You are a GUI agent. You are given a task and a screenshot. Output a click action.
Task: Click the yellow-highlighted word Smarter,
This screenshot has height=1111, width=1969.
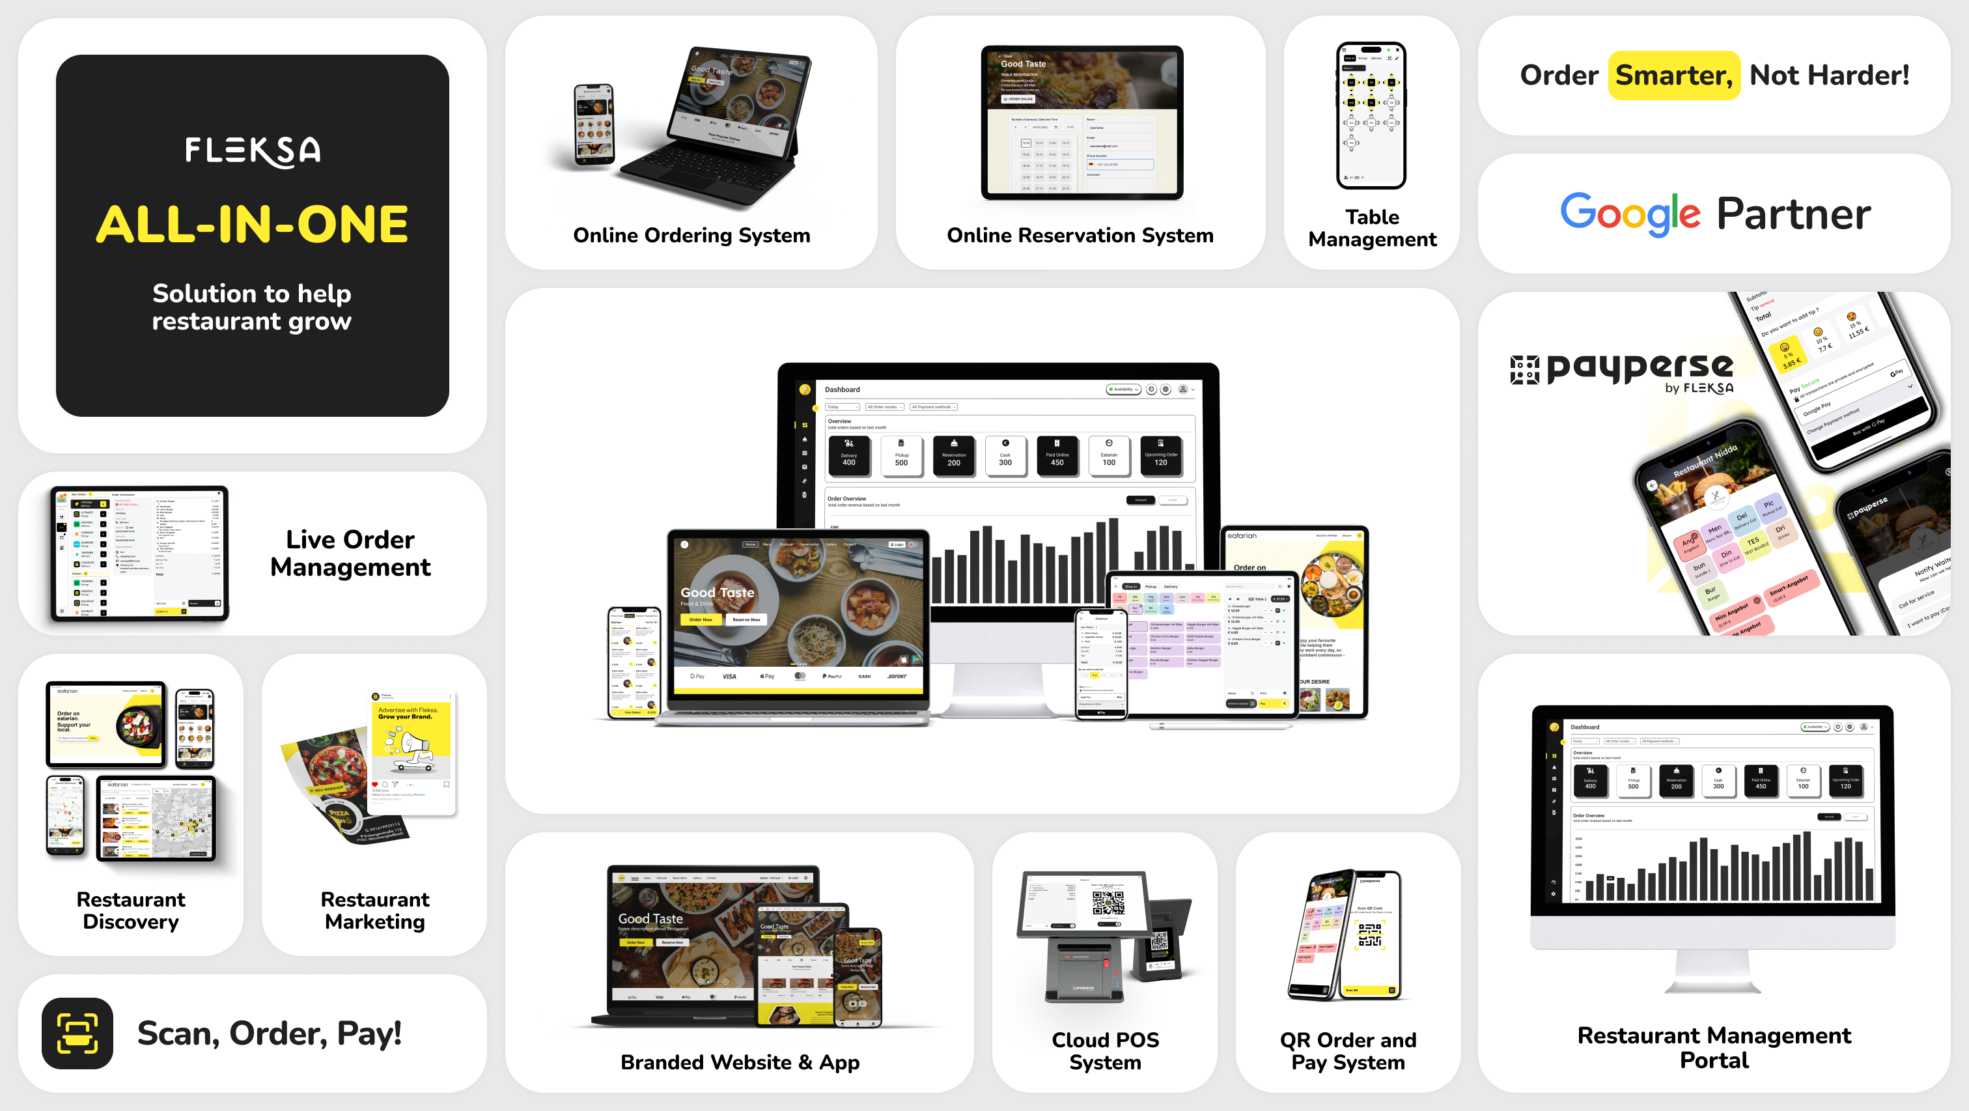click(x=1673, y=76)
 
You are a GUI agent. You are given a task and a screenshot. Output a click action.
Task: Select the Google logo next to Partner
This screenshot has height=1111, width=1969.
click(x=1630, y=214)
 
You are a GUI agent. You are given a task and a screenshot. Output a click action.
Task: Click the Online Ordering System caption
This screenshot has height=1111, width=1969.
click(x=691, y=236)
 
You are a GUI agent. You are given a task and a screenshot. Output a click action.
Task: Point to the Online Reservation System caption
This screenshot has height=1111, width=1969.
click(x=1080, y=236)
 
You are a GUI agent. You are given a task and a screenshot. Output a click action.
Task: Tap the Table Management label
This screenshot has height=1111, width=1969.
click(x=1372, y=228)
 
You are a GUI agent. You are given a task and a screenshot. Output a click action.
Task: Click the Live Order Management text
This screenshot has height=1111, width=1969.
click(x=350, y=553)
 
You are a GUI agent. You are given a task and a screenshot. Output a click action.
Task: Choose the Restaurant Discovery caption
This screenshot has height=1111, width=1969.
click(x=131, y=910)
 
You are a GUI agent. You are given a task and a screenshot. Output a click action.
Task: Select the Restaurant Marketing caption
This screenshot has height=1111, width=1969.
click(x=374, y=910)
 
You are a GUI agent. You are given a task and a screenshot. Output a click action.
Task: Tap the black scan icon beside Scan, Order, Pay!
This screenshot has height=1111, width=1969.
click(x=77, y=1033)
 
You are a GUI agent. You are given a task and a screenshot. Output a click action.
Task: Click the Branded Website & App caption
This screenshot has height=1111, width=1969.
click(x=739, y=1062)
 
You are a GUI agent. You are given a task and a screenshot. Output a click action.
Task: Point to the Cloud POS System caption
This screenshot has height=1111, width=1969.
click(x=1104, y=1050)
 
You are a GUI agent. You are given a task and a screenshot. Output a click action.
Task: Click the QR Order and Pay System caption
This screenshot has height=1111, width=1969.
click(x=1348, y=1050)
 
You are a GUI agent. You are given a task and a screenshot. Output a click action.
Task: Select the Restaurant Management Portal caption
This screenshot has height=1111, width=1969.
click(x=1714, y=1048)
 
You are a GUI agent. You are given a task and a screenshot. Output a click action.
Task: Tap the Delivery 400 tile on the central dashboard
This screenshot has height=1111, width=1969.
click(x=848, y=456)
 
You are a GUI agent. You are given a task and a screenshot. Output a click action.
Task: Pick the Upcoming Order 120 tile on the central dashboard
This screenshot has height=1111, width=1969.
click(x=1160, y=456)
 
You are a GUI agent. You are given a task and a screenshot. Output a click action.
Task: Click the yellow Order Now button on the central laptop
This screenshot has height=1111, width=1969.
click(x=700, y=619)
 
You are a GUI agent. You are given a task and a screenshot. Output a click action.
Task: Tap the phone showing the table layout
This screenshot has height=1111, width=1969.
click(x=1371, y=115)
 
